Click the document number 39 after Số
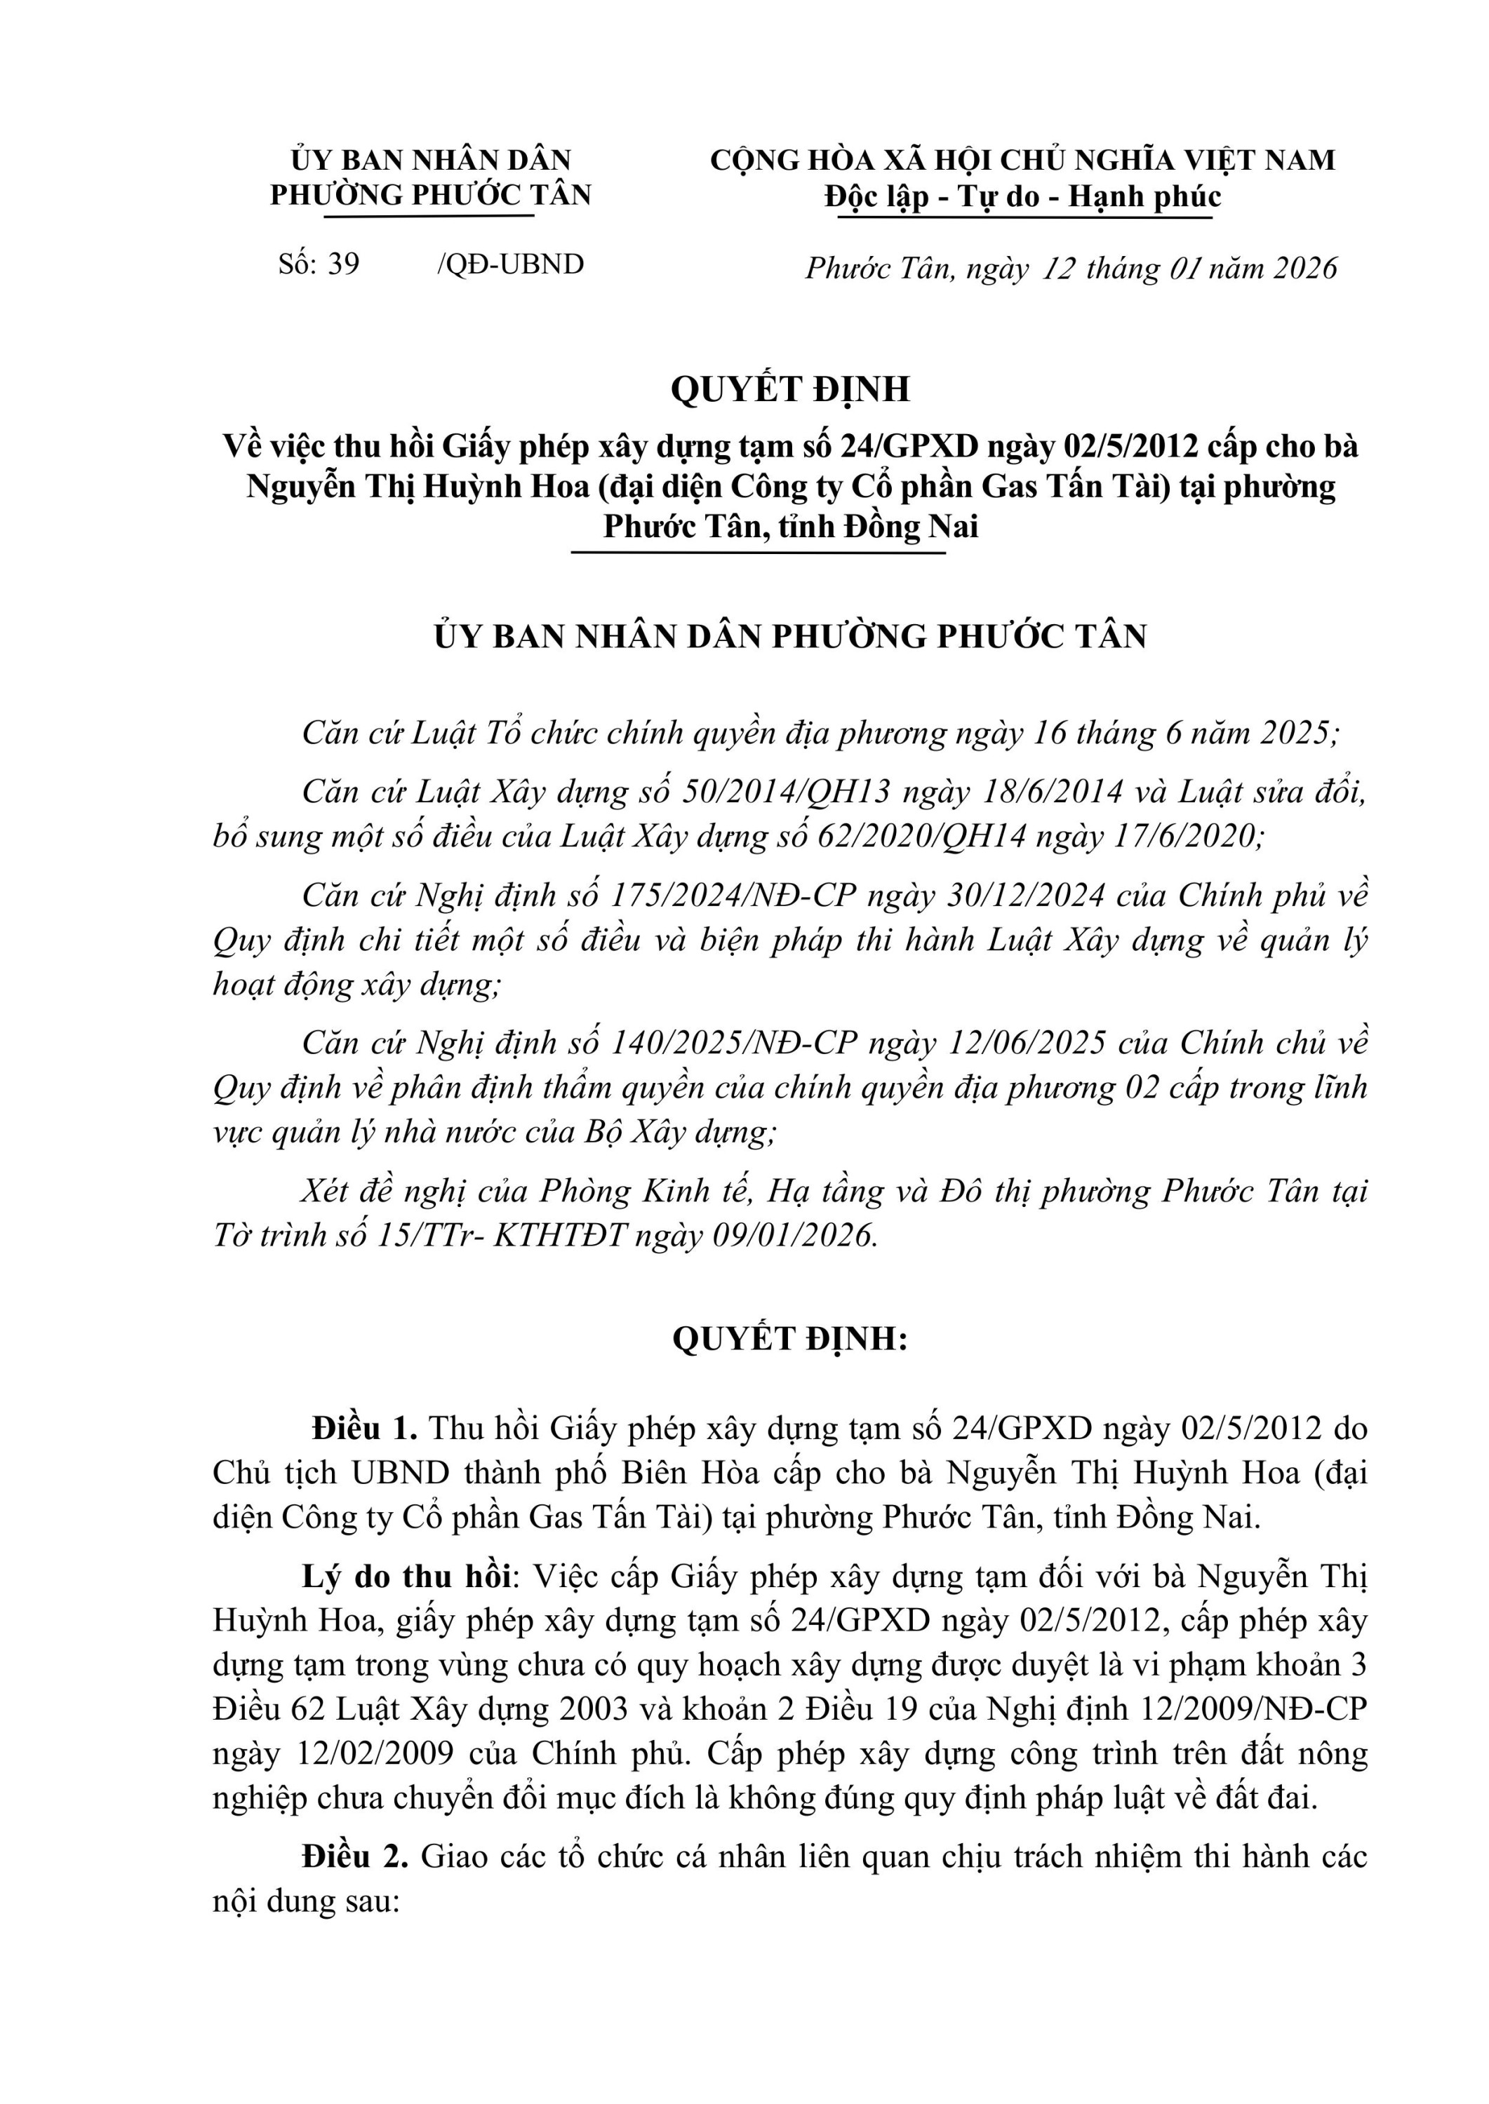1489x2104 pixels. [344, 264]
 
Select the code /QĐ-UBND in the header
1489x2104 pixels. [511, 264]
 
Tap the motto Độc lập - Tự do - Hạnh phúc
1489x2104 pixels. [1022, 196]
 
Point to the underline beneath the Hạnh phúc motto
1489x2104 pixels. [1022, 218]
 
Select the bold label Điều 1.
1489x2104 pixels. [365, 1429]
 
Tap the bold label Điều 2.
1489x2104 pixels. [356, 1856]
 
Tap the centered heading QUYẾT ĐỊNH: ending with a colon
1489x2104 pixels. [790, 1339]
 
